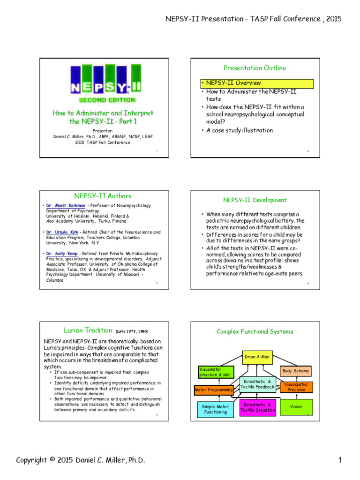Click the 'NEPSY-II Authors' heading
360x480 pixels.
pos(103,196)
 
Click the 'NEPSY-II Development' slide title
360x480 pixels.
pos(255,200)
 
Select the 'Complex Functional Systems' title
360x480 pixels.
pos(255,331)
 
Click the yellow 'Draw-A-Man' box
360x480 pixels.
pos(257,357)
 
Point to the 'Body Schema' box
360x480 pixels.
pos(295,371)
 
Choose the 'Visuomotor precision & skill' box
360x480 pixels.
pos(214,372)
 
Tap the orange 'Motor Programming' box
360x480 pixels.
pos(214,390)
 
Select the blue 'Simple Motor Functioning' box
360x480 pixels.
pos(215,409)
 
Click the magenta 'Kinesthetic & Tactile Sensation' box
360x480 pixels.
pos(257,407)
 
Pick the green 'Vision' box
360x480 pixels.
pos(296,407)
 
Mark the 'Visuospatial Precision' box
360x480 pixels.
pos(296,387)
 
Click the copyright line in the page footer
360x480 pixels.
pos(81,460)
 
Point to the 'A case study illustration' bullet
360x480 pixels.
pos(240,130)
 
